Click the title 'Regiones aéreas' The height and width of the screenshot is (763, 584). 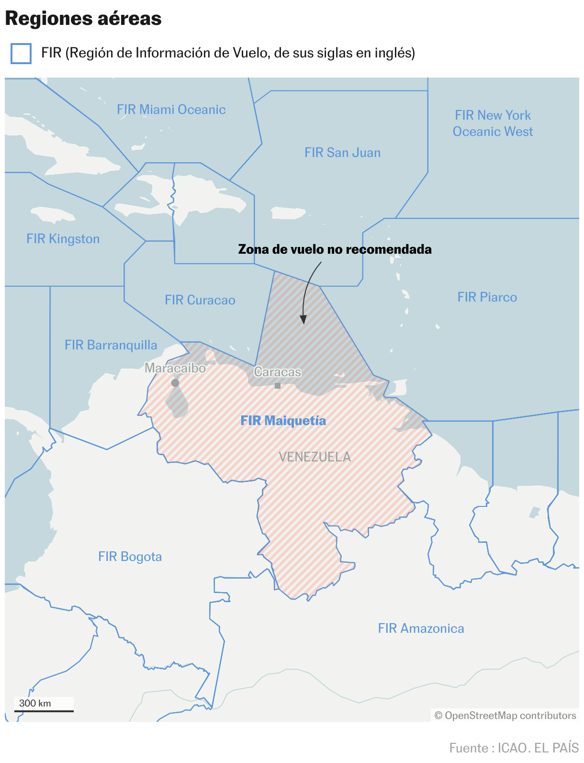tap(83, 19)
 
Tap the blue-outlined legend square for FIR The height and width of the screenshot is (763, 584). tap(21, 53)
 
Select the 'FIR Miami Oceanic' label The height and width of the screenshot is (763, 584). tap(171, 110)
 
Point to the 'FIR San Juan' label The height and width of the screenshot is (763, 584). tap(342, 153)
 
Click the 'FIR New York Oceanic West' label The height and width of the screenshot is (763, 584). tap(493, 123)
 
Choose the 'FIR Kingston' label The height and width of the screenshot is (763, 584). tap(63, 239)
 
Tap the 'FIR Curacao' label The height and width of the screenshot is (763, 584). tap(200, 300)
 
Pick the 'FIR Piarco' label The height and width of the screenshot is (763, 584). tap(487, 297)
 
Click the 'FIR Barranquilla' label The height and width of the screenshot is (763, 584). tap(111, 345)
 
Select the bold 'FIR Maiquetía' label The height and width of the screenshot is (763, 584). tap(283, 421)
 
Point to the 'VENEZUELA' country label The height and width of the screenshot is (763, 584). tap(314, 457)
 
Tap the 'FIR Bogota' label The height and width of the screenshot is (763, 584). tap(130, 557)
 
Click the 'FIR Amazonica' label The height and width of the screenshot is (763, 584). tap(421, 628)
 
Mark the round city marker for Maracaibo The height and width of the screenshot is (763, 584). tap(175, 383)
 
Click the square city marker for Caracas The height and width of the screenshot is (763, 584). tap(278, 385)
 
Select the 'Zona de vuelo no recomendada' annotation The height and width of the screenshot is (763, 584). tap(335, 249)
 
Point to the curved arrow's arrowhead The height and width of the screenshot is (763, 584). tap(303, 320)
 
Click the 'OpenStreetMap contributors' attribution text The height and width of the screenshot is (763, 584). tap(505, 716)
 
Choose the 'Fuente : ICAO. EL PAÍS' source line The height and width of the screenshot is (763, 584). tap(514, 748)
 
